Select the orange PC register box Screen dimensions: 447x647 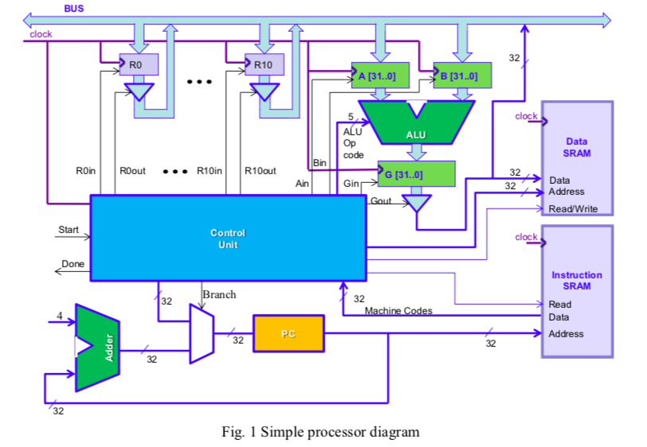click(289, 333)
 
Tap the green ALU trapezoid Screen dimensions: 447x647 click(416, 124)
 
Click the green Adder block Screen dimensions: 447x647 click(97, 348)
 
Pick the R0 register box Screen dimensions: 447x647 click(138, 64)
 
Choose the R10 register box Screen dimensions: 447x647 click(264, 64)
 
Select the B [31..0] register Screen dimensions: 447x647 click(462, 76)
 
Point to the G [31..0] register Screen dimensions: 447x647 click(416, 173)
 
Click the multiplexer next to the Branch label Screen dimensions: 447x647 click(201, 333)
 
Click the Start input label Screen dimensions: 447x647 click(68, 230)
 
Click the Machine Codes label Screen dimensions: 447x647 click(398, 311)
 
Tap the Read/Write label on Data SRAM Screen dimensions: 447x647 click(573, 209)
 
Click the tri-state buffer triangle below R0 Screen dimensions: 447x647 click(139, 92)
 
